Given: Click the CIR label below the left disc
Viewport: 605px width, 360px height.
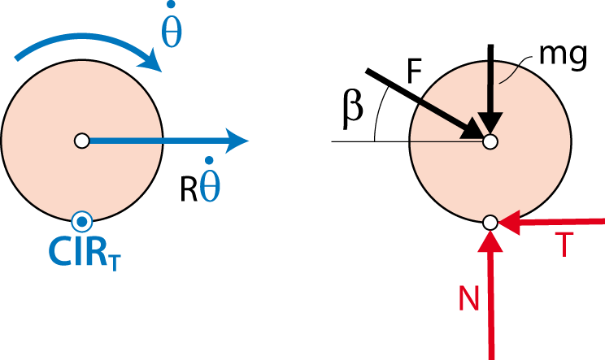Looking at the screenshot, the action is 85,253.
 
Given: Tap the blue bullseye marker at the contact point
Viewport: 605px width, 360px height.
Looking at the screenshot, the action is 82,222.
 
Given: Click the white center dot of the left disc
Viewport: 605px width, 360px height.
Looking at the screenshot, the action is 82,141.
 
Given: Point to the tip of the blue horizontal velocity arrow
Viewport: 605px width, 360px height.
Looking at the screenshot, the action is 249,141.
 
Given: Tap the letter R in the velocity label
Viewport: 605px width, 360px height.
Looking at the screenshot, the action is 189,189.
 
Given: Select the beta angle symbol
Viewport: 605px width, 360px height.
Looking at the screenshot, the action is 353,110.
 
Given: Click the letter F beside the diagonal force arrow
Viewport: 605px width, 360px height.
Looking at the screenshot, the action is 414,72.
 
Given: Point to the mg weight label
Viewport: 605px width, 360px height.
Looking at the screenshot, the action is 563,56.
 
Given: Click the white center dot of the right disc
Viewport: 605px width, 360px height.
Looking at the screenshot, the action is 490,141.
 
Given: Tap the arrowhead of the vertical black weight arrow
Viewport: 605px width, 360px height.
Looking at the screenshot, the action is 490,124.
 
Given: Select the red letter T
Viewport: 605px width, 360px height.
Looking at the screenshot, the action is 564,245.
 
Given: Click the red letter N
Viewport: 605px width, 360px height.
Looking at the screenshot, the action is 469,297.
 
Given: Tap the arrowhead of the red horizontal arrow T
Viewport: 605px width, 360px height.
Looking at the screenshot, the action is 509,223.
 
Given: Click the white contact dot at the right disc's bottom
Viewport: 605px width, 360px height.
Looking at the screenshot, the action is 490,223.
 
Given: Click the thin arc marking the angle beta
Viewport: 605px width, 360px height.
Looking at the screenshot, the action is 378,112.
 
